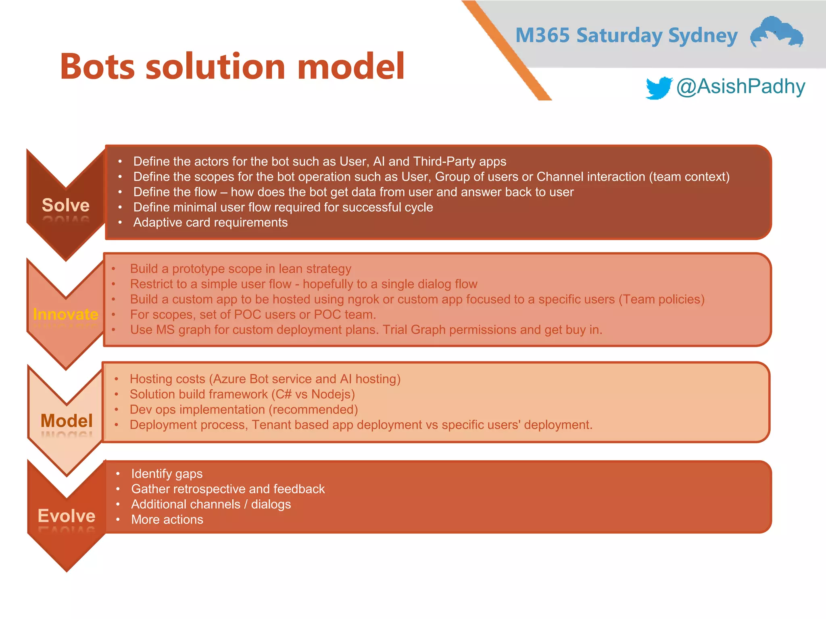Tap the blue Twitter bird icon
(x=658, y=87)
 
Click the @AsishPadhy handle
(x=740, y=86)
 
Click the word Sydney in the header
(x=703, y=35)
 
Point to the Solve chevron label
(x=66, y=205)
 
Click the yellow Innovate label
(x=65, y=314)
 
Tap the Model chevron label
(x=67, y=421)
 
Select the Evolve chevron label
(x=67, y=516)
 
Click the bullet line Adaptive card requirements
(x=210, y=222)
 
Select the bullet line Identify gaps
(x=167, y=474)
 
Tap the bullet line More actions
(x=167, y=519)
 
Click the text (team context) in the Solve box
(x=689, y=177)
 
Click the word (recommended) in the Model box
(x=313, y=409)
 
